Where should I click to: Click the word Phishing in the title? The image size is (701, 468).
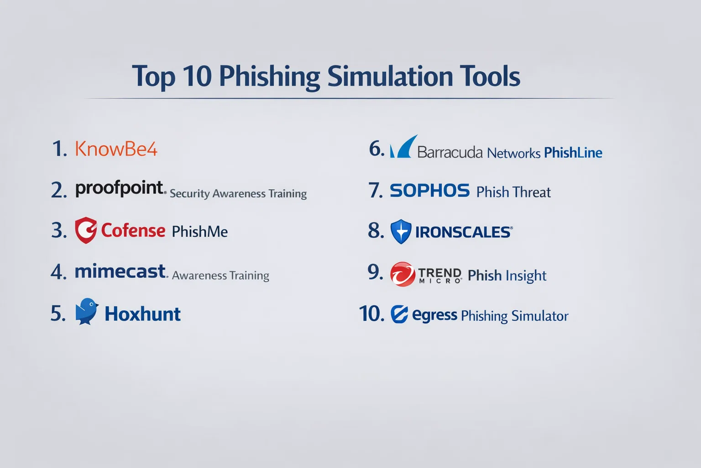(269, 77)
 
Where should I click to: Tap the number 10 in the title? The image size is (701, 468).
(197, 76)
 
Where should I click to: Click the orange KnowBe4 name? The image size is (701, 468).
(116, 149)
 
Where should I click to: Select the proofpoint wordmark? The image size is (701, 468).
(120, 188)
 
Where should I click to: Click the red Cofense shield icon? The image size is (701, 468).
(86, 230)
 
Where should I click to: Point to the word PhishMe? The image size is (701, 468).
(199, 232)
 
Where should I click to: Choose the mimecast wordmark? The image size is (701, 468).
(120, 271)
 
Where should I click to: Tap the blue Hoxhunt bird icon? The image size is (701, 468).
(87, 311)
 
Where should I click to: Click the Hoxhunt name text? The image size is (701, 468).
(142, 314)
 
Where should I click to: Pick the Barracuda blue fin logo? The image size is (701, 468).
(403, 146)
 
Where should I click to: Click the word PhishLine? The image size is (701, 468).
(573, 153)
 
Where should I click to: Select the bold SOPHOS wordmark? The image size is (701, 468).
(429, 191)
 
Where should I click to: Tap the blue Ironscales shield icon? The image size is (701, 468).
(401, 232)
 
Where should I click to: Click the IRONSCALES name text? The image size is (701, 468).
(464, 232)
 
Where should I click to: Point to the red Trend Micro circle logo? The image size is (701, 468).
(403, 274)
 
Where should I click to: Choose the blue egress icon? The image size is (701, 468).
(399, 314)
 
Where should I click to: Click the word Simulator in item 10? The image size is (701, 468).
(540, 316)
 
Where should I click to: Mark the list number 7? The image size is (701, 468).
(376, 190)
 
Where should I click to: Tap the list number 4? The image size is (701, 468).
(58, 272)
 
